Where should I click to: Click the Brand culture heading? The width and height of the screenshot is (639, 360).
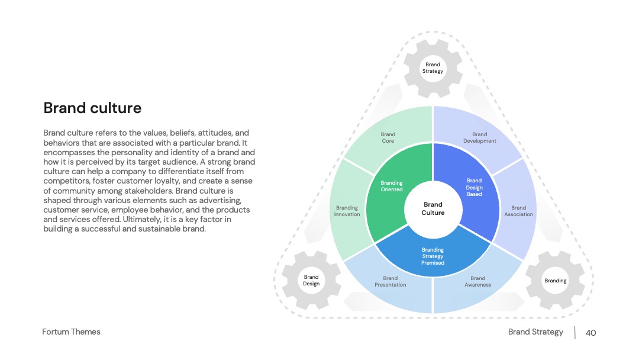[x=92, y=108]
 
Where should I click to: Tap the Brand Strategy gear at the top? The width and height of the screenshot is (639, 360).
[x=433, y=68]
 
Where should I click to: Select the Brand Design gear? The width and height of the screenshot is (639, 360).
[x=311, y=281]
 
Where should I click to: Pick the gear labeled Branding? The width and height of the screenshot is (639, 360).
[x=555, y=281]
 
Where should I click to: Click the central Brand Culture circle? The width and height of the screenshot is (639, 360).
[x=433, y=209]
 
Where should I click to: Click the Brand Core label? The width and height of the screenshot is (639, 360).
[x=388, y=137]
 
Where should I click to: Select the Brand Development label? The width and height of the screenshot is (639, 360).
[x=480, y=137]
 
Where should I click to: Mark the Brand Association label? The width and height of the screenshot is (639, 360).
[x=518, y=211]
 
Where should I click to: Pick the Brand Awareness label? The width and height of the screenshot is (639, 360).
[x=477, y=281]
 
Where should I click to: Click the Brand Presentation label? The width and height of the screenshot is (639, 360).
[x=390, y=281]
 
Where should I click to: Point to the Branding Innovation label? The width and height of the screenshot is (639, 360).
[x=347, y=211]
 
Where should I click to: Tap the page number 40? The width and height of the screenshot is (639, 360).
[x=591, y=333]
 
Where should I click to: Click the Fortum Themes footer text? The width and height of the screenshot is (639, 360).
[x=72, y=332]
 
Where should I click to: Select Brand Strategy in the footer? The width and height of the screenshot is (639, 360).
[x=535, y=332]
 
